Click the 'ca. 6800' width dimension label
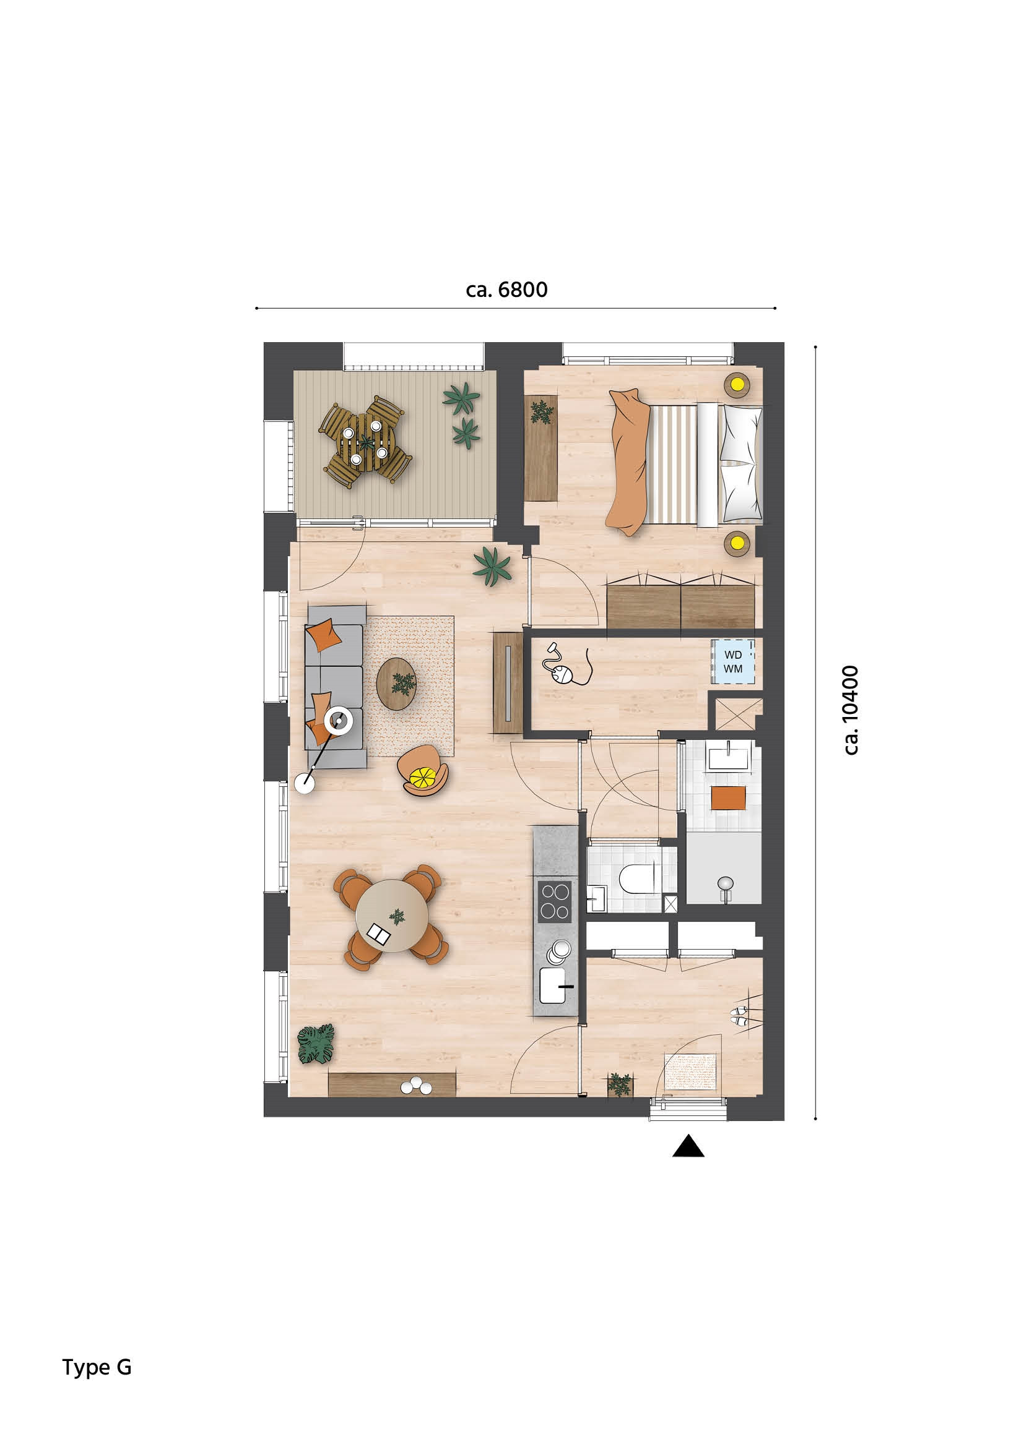(x=506, y=290)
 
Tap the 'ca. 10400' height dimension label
(x=851, y=710)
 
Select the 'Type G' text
(x=97, y=1367)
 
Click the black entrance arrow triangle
(x=688, y=1146)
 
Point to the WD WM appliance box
(x=732, y=662)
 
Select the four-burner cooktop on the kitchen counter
(x=554, y=901)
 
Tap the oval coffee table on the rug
(x=397, y=684)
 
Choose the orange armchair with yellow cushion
(x=423, y=771)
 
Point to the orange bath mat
(x=728, y=798)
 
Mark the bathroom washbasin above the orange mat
(x=728, y=758)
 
